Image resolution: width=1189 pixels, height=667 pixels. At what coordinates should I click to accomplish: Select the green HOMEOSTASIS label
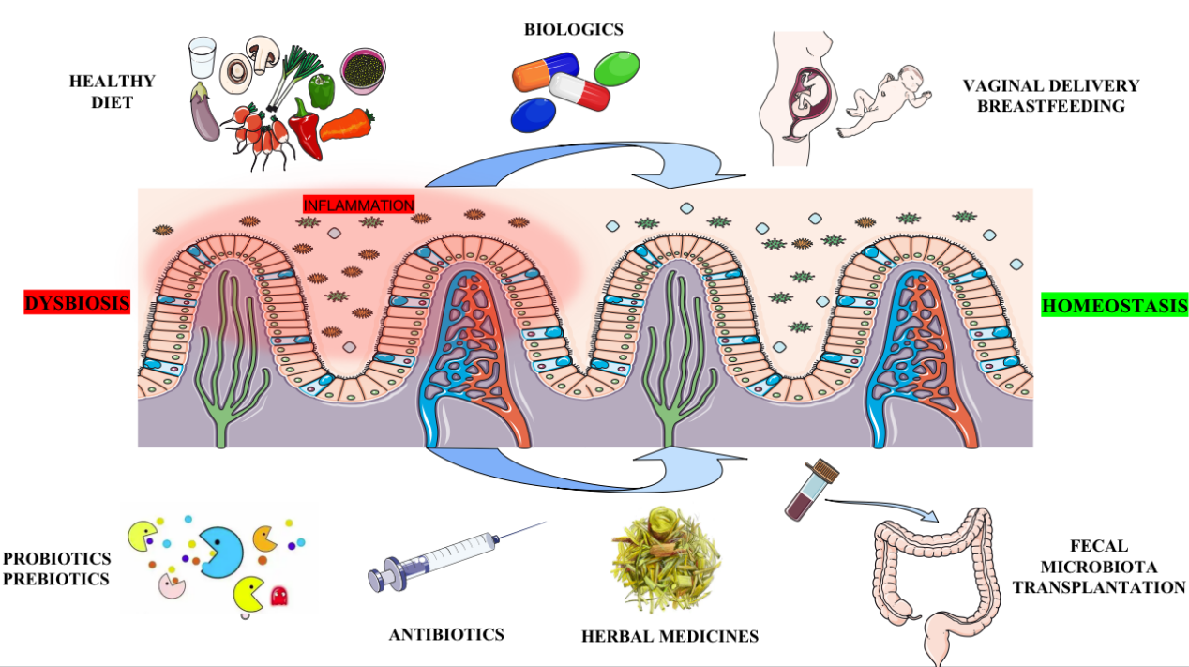(1115, 305)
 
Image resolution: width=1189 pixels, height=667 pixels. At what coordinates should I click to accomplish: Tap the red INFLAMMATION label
(358, 205)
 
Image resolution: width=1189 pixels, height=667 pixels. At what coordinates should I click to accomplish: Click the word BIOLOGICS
(573, 29)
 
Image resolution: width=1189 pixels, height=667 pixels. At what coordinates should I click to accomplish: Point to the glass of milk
(202, 59)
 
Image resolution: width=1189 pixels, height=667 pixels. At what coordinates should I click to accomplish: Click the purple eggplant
(203, 112)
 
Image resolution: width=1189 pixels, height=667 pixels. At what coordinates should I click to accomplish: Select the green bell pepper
(322, 91)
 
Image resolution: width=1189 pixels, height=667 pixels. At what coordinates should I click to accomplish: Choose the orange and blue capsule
(545, 71)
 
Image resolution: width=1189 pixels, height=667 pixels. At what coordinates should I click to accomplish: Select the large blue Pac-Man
(222, 553)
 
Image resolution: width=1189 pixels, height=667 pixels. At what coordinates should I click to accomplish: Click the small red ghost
(278, 596)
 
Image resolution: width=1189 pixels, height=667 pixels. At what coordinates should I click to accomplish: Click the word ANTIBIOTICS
(446, 634)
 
